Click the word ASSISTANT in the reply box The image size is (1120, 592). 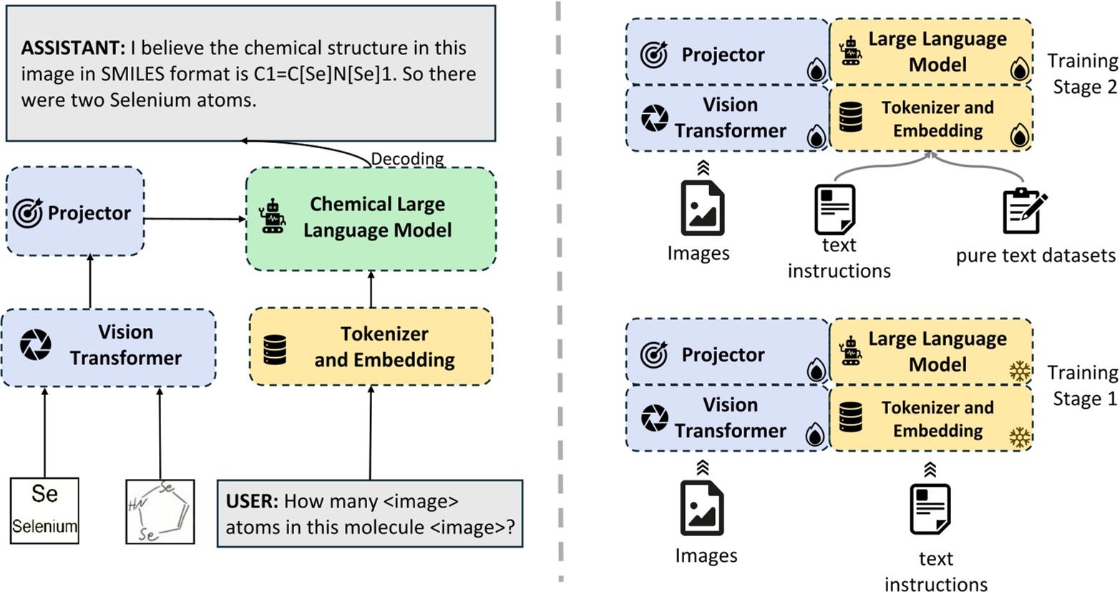click(73, 48)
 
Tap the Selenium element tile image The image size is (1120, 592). click(44, 510)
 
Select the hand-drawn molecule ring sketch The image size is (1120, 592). click(160, 512)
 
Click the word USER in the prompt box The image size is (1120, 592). click(252, 501)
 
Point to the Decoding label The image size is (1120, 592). click(407, 158)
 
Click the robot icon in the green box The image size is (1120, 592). click(273, 216)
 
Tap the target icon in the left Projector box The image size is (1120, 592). click(28, 213)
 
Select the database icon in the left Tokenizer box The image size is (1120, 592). click(275, 349)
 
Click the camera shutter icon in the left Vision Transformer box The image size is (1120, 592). click(35, 344)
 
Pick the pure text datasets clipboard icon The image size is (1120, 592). click(1025, 211)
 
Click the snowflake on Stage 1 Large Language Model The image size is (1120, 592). click(1020, 371)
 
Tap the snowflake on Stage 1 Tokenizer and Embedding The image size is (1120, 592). click(1020, 437)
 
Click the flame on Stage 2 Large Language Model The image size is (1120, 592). click(1020, 69)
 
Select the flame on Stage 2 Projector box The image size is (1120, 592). click(816, 69)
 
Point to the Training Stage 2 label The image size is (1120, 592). click(1083, 74)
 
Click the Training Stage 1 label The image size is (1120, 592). click(1083, 386)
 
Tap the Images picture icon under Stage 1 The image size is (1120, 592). click(702, 508)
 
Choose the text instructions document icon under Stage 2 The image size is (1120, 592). click(834, 210)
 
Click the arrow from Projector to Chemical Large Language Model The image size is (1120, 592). click(195, 218)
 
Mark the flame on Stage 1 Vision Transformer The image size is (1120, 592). click(815, 434)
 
